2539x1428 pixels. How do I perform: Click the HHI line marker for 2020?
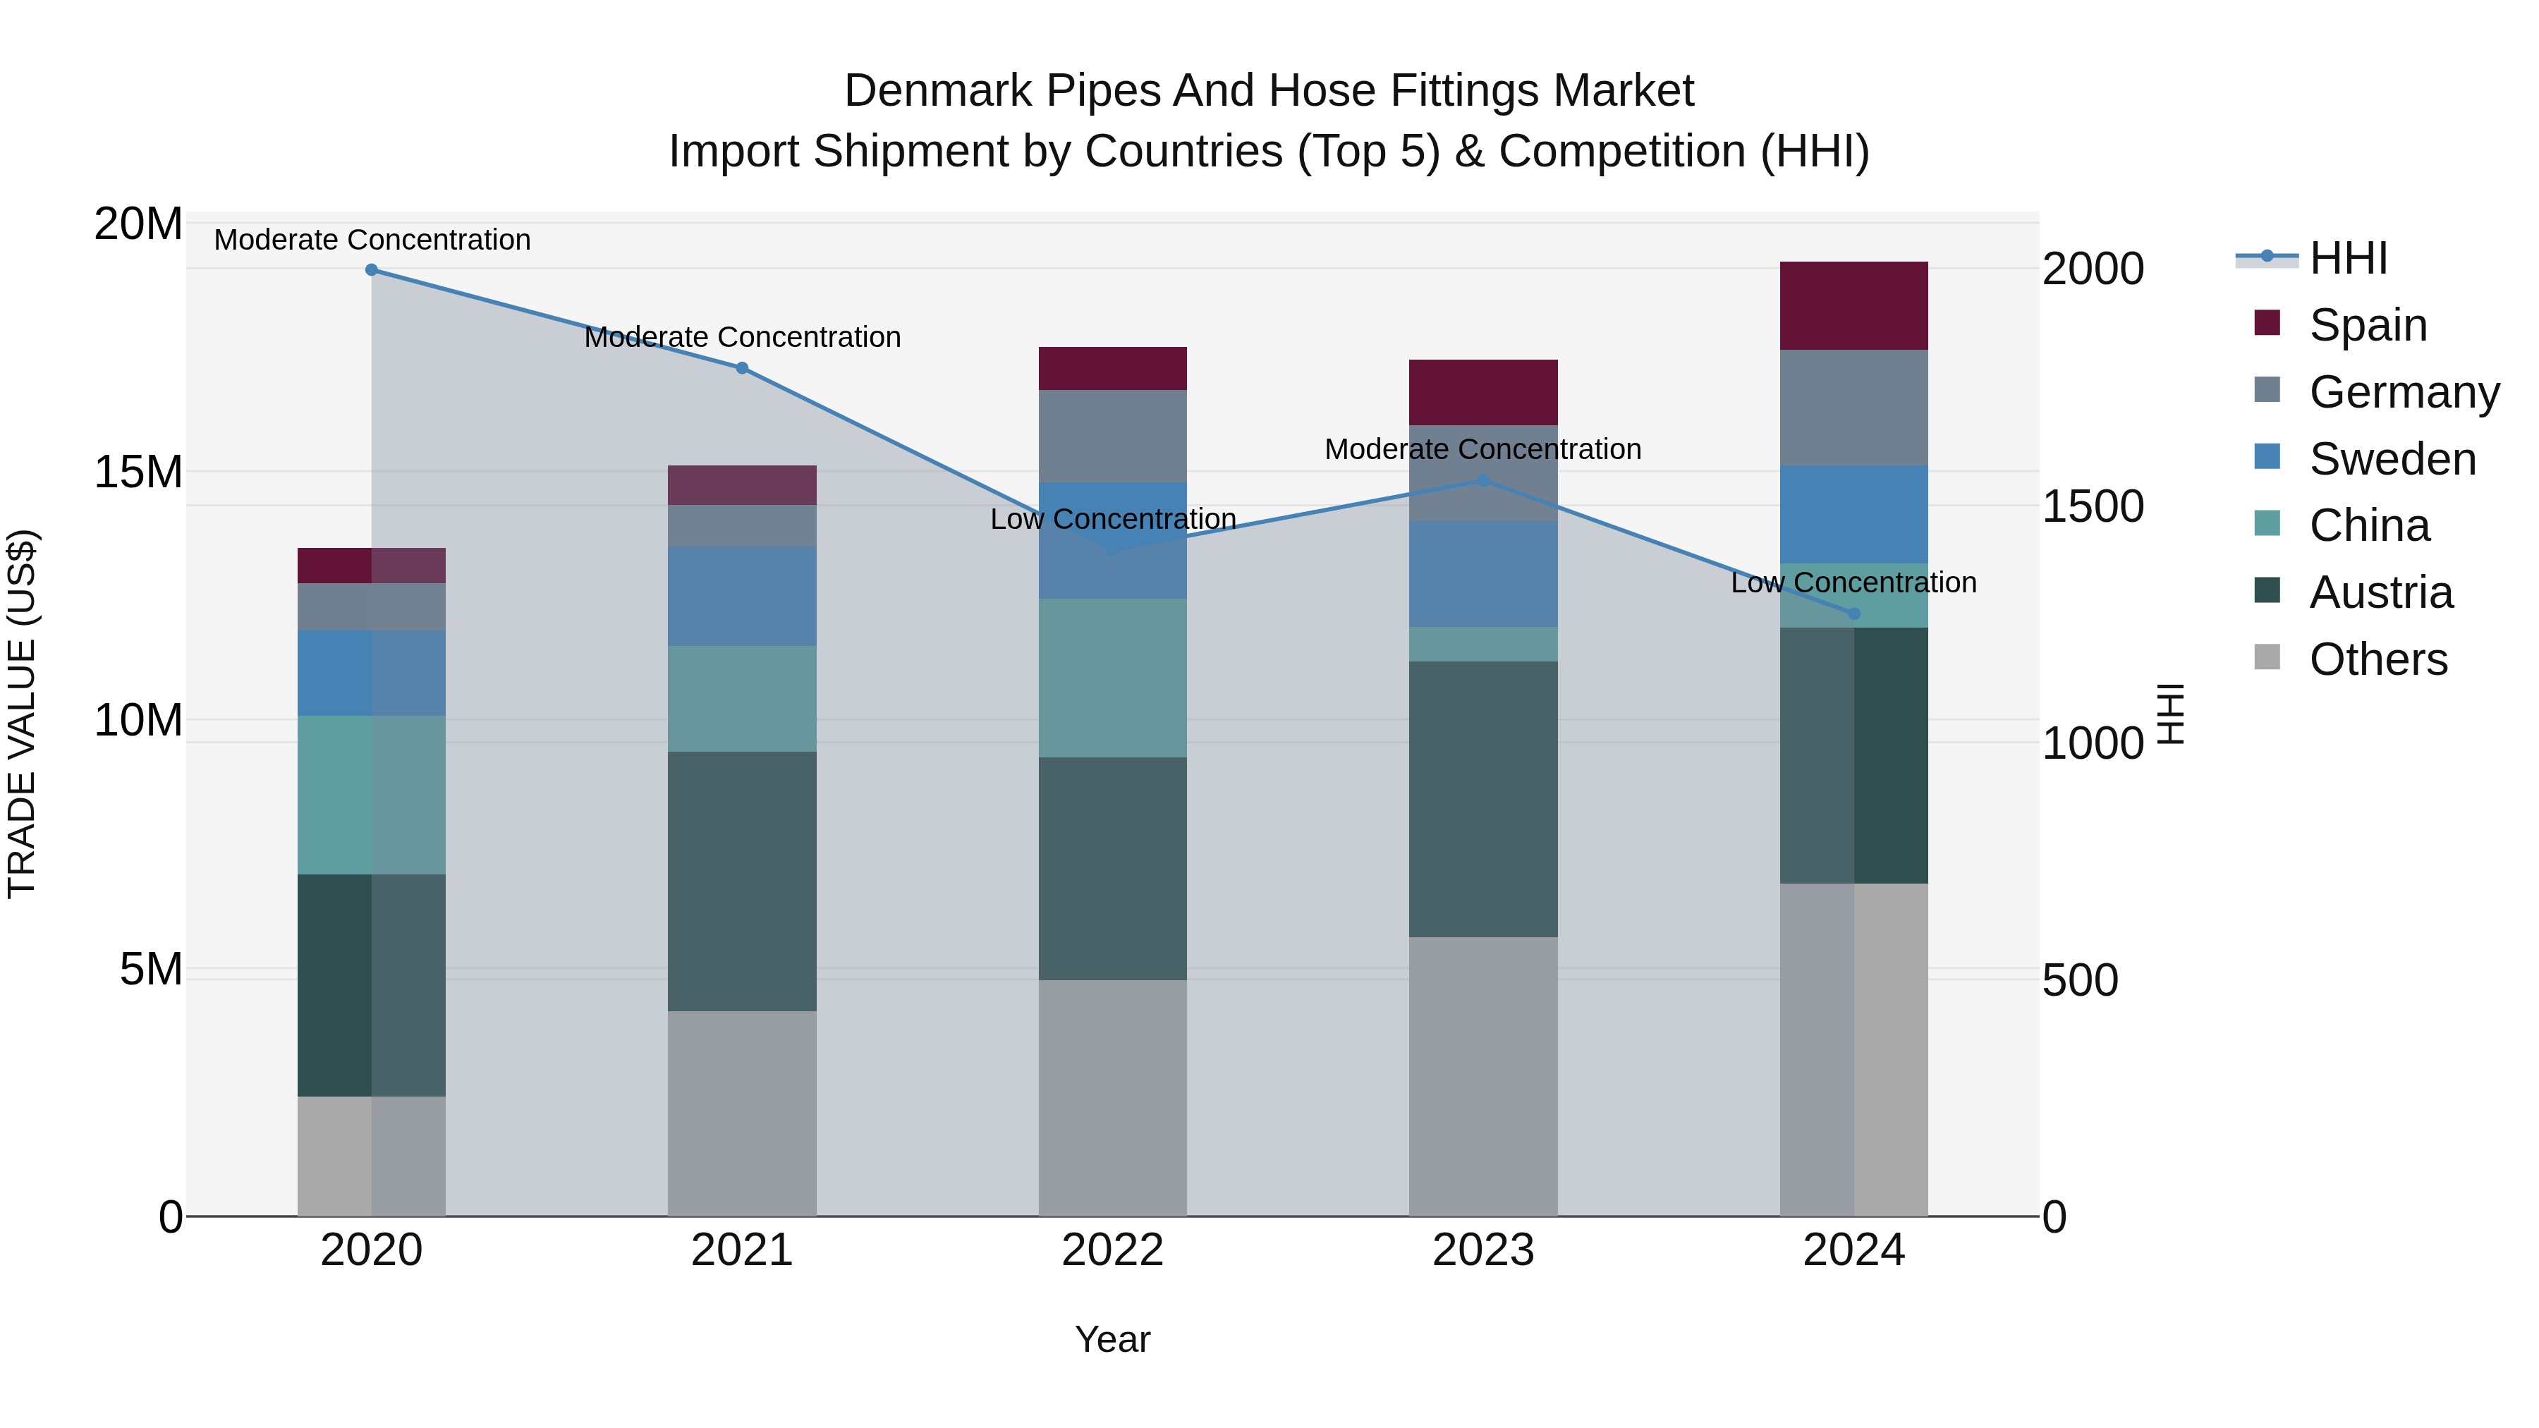[x=372, y=270]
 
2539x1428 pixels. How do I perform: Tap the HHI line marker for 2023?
[x=1483, y=481]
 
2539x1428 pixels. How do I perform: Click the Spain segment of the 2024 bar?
[x=1854, y=305]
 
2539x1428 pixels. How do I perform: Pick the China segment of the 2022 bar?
[x=1113, y=678]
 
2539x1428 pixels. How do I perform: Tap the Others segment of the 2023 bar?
[x=1483, y=1076]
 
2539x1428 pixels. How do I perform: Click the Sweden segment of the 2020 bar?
[x=372, y=673]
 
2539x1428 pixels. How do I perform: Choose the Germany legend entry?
[x=2404, y=392]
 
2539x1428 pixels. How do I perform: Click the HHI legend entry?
[x=2348, y=258]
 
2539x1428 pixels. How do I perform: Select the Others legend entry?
[x=2377, y=659]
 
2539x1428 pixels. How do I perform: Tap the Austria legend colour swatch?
[x=2267, y=592]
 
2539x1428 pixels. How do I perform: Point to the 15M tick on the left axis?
[x=138, y=472]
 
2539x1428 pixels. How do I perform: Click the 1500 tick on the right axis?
[x=2093, y=506]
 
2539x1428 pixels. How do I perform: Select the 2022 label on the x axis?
[x=1113, y=1250]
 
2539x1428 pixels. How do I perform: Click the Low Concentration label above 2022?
[x=1113, y=519]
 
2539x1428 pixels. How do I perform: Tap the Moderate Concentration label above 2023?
[x=1482, y=449]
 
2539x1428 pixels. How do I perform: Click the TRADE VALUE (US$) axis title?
[x=22, y=714]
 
